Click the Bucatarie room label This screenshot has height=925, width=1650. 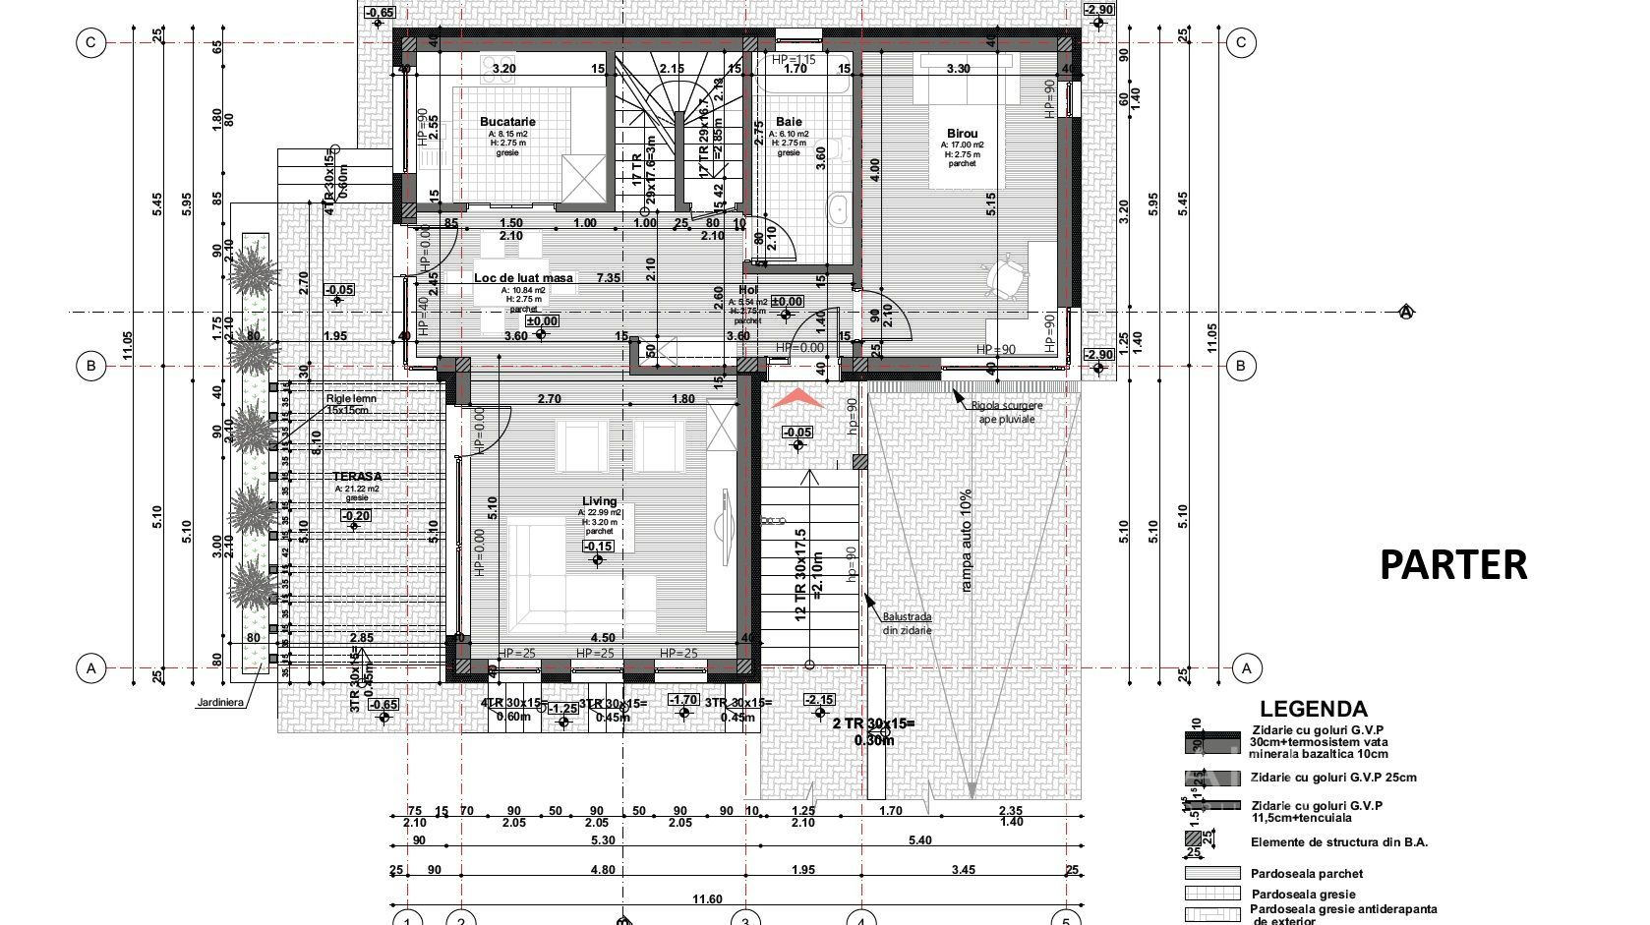[507, 122]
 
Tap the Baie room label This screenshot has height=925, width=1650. [789, 122]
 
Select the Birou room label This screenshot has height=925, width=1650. [962, 134]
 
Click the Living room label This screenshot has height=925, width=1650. [599, 501]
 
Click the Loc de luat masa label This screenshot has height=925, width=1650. [523, 278]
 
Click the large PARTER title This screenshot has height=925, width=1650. [1452, 565]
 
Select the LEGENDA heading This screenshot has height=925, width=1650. [1313, 709]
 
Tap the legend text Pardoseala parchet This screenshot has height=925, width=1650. [1306, 873]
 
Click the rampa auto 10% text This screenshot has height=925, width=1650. [966, 540]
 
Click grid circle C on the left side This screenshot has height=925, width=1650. [90, 42]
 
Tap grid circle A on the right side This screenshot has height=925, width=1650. [1246, 668]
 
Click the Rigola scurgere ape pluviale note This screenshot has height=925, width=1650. [1006, 412]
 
